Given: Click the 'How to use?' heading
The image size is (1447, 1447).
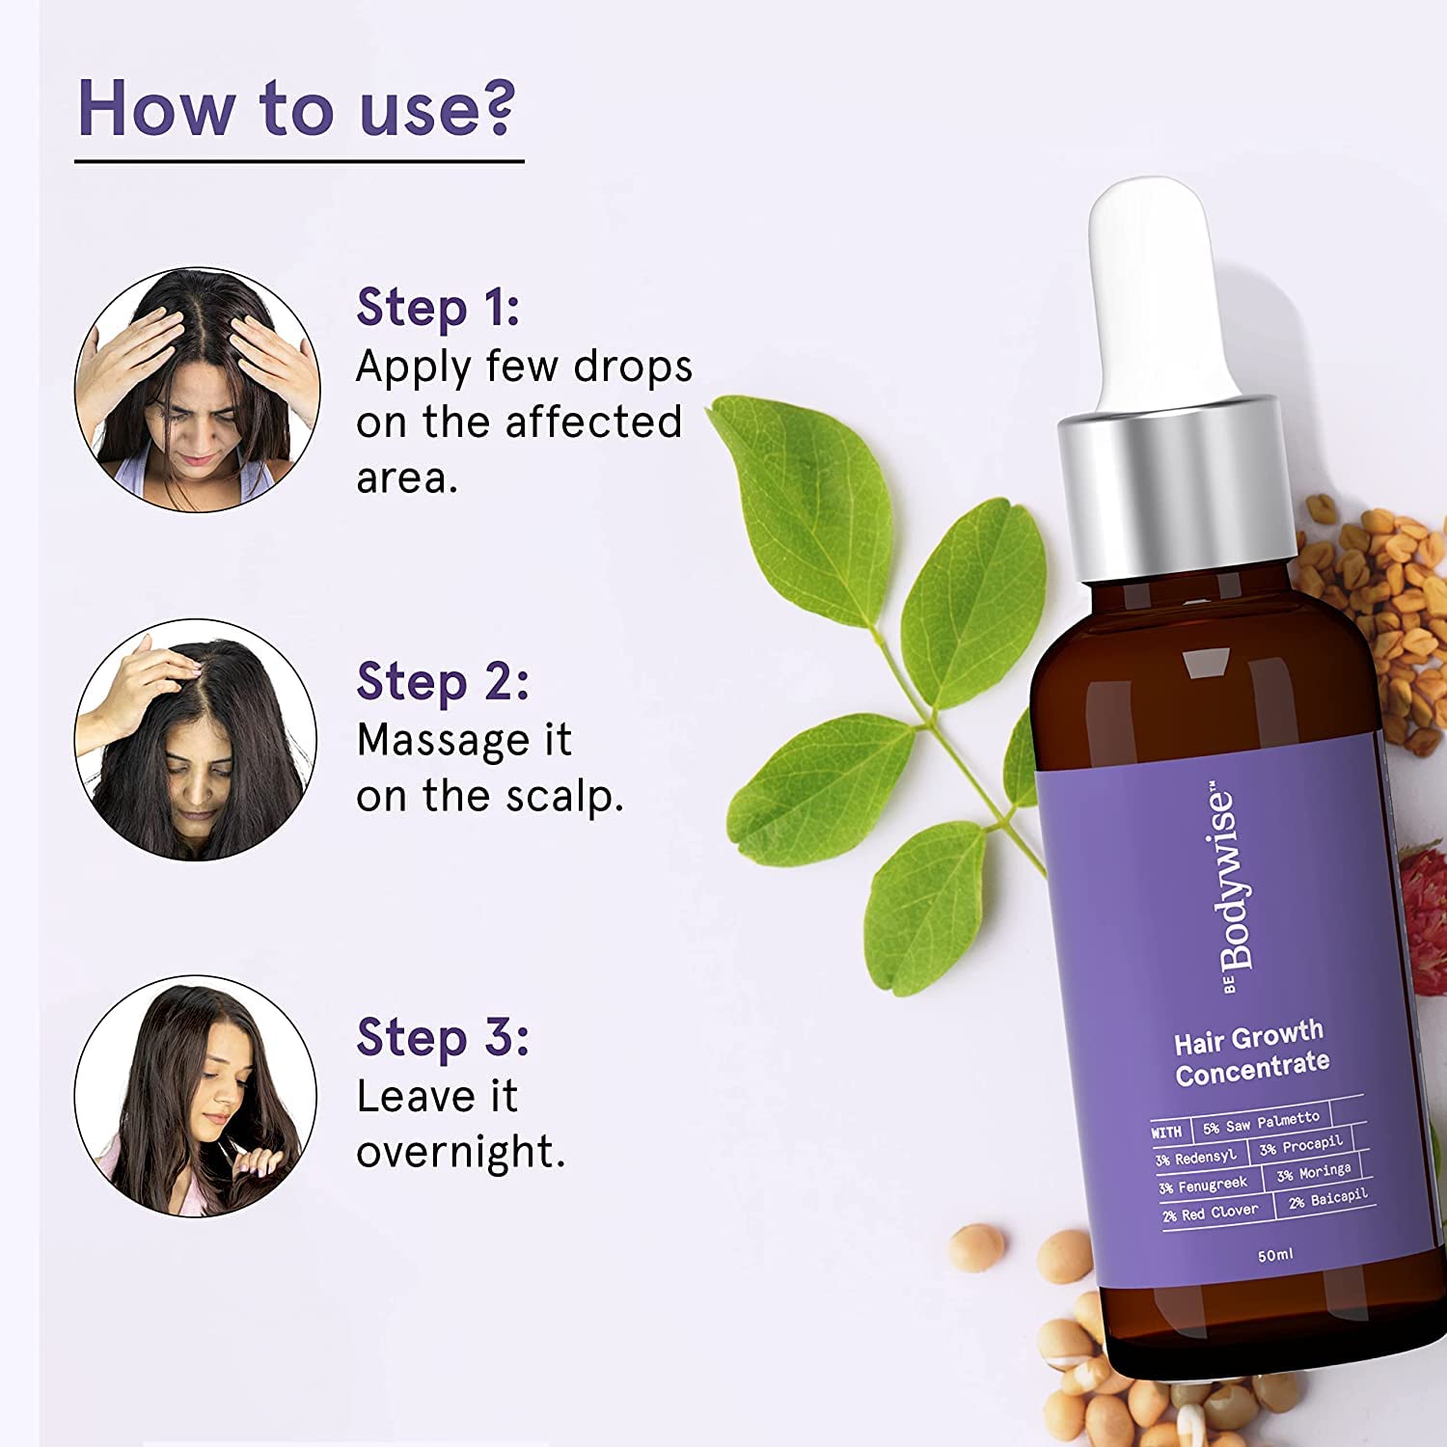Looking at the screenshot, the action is tap(296, 107).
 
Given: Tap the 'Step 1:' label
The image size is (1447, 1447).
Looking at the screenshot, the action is tap(438, 309).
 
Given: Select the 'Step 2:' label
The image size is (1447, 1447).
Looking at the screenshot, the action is tap(443, 682).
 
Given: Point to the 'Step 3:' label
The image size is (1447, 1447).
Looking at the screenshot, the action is tap(443, 1038).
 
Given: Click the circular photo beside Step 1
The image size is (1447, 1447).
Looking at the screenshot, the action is tap(198, 390).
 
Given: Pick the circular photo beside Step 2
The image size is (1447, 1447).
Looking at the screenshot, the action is tap(196, 740).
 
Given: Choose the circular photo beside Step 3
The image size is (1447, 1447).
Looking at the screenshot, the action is tap(196, 1096).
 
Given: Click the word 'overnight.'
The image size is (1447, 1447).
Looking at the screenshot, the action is tap(460, 1152).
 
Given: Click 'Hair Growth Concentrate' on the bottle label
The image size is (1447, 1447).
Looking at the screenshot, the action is tap(1251, 1052).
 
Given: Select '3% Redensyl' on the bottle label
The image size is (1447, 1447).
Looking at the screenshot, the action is tap(1196, 1158).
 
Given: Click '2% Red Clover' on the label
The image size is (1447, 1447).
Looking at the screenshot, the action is tap(1211, 1213).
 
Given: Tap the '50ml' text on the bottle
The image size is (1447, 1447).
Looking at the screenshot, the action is tap(1275, 1255).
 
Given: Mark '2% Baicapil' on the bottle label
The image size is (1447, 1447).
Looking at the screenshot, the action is tap(1328, 1199).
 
